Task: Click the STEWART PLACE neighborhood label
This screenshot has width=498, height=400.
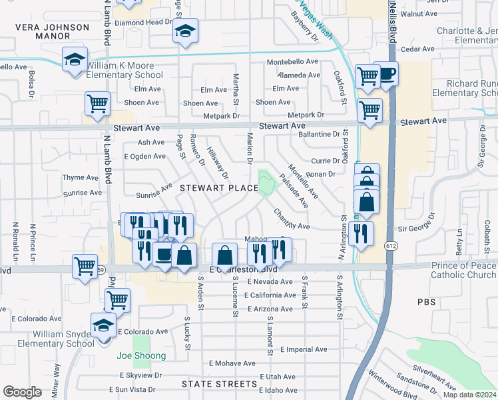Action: pyautogui.click(x=218, y=189)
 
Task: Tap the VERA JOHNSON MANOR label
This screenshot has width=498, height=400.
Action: pyautogui.click(x=53, y=32)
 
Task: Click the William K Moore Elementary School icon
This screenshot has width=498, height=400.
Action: pyautogui.click(x=75, y=59)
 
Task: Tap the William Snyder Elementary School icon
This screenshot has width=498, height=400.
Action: pyautogui.click(x=103, y=326)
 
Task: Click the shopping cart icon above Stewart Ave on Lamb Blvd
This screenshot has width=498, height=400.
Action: pyautogui.click(x=97, y=104)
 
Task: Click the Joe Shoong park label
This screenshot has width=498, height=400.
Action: pyautogui.click(x=141, y=356)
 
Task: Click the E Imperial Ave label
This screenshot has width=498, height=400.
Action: pyautogui.click(x=304, y=349)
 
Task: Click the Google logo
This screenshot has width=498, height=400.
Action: pyautogui.click(x=22, y=392)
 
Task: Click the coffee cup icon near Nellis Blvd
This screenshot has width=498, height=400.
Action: pyautogui.click(x=385, y=73)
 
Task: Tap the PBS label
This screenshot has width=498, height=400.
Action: pyautogui.click(x=427, y=302)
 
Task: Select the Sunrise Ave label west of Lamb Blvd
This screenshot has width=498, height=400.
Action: pyautogui.click(x=82, y=193)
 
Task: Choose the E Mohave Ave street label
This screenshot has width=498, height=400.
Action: pyautogui.click(x=232, y=364)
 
